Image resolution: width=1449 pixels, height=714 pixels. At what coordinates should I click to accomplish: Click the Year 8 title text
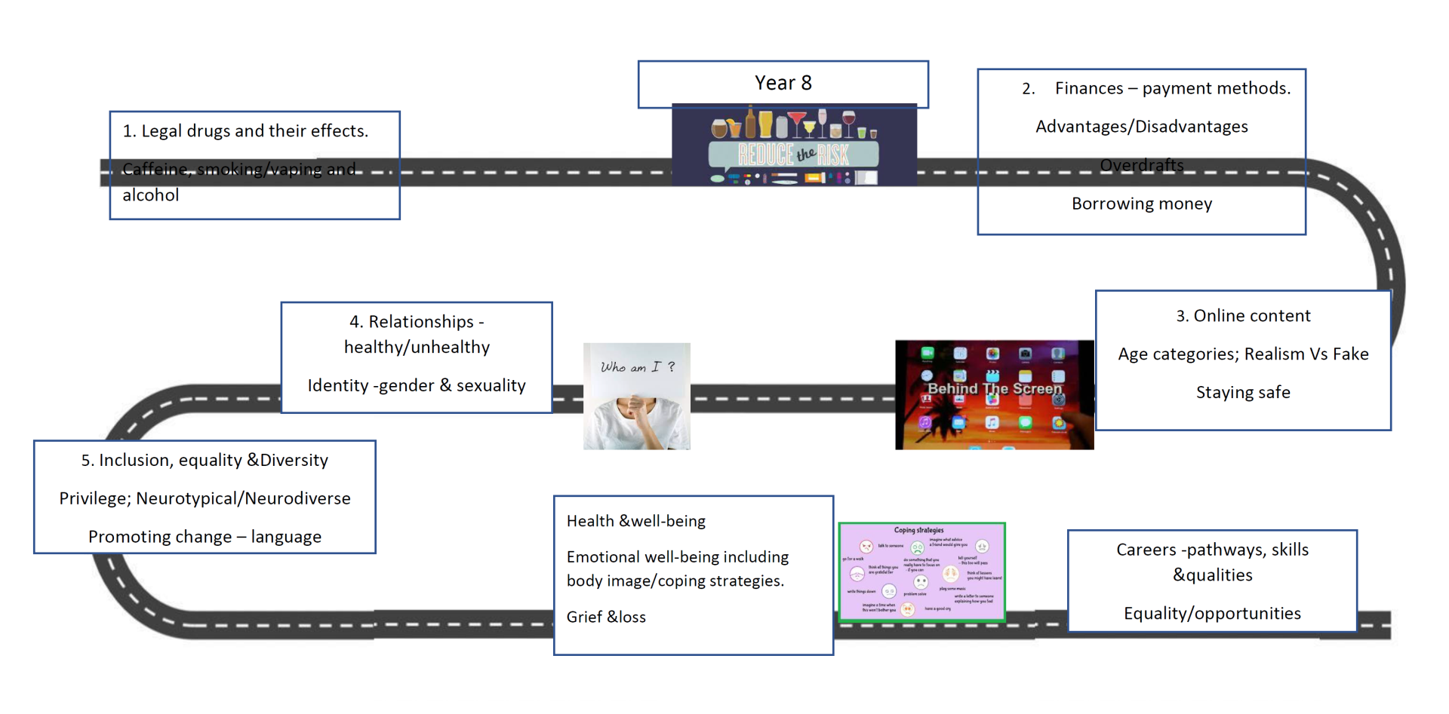[x=783, y=83]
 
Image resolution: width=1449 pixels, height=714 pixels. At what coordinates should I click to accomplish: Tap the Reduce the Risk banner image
[x=794, y=146]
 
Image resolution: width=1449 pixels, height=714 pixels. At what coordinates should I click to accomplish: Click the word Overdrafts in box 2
[x=1141, y=165]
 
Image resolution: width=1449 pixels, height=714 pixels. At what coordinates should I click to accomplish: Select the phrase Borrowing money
[x=1141, y=204]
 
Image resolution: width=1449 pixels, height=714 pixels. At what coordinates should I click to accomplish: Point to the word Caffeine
[x=155, y=170]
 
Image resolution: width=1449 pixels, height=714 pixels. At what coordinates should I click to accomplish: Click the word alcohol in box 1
[x=151, y=195]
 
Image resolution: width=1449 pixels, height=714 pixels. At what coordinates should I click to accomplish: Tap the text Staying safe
[x=1243, y=392]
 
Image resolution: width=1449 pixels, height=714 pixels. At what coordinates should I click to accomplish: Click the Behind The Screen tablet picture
[x=994, y=395]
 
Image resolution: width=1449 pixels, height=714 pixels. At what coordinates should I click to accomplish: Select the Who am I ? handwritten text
[x=637, y=367]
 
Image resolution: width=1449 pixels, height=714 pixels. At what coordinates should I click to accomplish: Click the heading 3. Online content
[x=1243, y=316]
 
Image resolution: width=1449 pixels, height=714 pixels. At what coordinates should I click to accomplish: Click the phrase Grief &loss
[x=606, y=617]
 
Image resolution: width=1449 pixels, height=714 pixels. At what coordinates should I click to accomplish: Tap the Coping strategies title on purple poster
[x=918, y=530]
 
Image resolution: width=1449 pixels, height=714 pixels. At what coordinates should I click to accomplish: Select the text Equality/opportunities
[x=1212, y=613]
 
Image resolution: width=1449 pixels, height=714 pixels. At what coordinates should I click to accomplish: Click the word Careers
[x=1146, y=550]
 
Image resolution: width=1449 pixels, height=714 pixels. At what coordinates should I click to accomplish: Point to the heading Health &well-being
[x=635, y=521]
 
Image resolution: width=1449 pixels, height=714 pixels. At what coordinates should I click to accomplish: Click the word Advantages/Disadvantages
[x=1141, y=127]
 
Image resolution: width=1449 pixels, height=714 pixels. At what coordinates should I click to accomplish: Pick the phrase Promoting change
[x=160, y=537]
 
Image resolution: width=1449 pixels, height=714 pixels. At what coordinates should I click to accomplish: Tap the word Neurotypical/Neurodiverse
[x=243, y=498]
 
